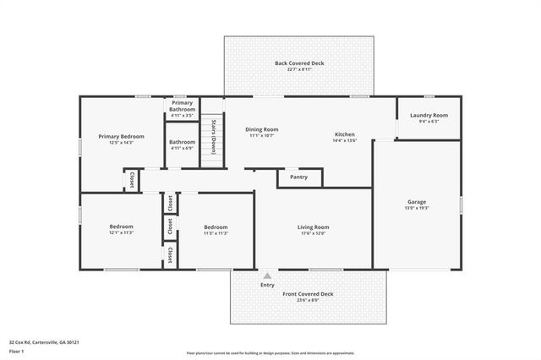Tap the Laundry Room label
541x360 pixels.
click(429, 115)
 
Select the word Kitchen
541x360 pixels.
click(344, 134)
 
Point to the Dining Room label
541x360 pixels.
click(263, 129)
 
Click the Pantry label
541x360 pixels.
click(298, 177)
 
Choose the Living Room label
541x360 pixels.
click(313, 227)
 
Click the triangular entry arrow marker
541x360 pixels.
click(267, 275)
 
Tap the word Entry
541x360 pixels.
click(267, 286)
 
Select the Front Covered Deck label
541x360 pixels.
click(309, 294)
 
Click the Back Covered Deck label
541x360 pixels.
click(299, 63)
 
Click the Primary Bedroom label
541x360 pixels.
click(121, 136)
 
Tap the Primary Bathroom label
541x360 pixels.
click(183, 106)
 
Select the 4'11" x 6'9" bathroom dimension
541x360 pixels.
click(182, 148)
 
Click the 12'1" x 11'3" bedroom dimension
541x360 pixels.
click(121, 233)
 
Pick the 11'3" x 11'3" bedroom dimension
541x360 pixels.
click(216, 233)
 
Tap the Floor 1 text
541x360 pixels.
click(16, 352)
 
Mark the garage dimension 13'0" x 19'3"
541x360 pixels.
click(417, 207)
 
